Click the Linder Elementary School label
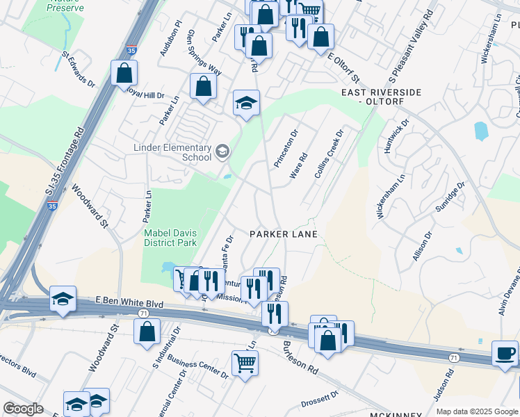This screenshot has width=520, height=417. (x=172, y=152)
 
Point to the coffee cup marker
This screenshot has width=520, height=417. (x=505, y=352)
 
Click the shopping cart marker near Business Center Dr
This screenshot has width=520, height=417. (x=245, y=362)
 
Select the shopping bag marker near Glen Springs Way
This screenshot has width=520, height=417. (x=204, y=86)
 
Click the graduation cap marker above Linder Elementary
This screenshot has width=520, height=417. (x=245, y=103)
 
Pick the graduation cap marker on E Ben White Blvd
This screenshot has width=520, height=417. (x=63, y=300)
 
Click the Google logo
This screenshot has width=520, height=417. (x=24, y=409)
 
